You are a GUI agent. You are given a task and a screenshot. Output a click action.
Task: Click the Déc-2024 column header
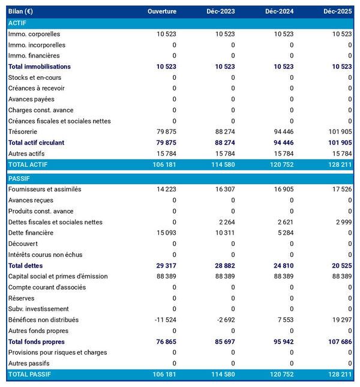(278, 11)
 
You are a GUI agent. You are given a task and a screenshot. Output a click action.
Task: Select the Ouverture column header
(162, 11)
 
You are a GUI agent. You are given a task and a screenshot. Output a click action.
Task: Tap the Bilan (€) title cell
(20, 11)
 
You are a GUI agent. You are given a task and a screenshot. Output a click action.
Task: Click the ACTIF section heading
(17, 23)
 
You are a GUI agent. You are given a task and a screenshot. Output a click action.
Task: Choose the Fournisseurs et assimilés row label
(45, 189)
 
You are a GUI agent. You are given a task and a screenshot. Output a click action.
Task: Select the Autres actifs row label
(26, 154)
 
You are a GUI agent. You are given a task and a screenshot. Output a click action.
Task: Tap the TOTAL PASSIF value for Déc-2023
(223, 374)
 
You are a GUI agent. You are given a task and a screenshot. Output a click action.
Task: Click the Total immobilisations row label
(40, 67)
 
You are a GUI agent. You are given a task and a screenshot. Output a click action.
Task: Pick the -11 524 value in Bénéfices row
(165, 320)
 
